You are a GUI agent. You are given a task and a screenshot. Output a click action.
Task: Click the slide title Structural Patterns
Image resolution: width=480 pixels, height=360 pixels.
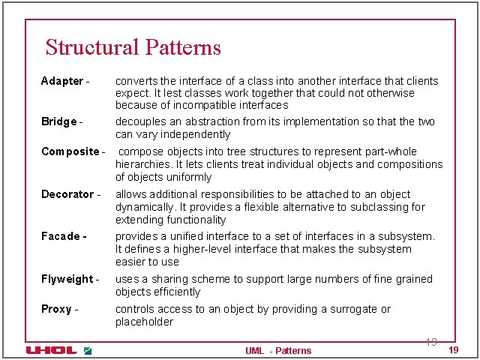[x=133, y=47]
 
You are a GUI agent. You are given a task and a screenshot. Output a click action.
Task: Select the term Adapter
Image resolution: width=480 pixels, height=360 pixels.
[x=62, y=81]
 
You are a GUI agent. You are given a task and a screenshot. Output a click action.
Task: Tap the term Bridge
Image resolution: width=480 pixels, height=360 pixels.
[x=58, y=121]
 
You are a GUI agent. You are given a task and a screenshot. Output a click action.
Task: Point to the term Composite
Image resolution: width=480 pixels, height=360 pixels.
[x=70, y=151]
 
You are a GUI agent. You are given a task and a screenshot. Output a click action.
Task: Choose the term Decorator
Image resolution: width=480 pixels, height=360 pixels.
[x=67, y=194]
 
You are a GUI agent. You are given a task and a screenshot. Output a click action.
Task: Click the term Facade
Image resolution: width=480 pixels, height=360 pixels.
[x=61, y=236]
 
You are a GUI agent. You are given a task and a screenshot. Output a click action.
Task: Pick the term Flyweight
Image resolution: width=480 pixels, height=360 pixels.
[x=67, y=279]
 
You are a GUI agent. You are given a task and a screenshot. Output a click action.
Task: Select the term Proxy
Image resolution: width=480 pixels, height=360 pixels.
[x=56, y=309]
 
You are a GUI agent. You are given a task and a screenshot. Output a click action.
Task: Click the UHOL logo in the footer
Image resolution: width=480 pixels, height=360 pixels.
[x=51, y=350]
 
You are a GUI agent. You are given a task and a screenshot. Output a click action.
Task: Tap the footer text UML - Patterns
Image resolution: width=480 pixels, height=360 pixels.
[x=277, y=350]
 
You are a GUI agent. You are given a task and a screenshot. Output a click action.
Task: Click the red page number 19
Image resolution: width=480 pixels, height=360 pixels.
[x=453, y=351]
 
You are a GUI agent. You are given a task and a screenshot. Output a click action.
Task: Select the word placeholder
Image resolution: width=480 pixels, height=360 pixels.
[x=144, y=322]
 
